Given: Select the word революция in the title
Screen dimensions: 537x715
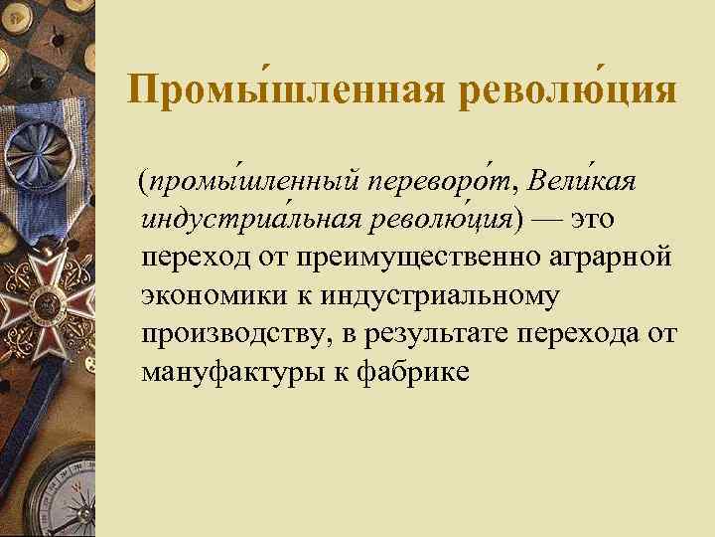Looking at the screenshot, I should [569, 90].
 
